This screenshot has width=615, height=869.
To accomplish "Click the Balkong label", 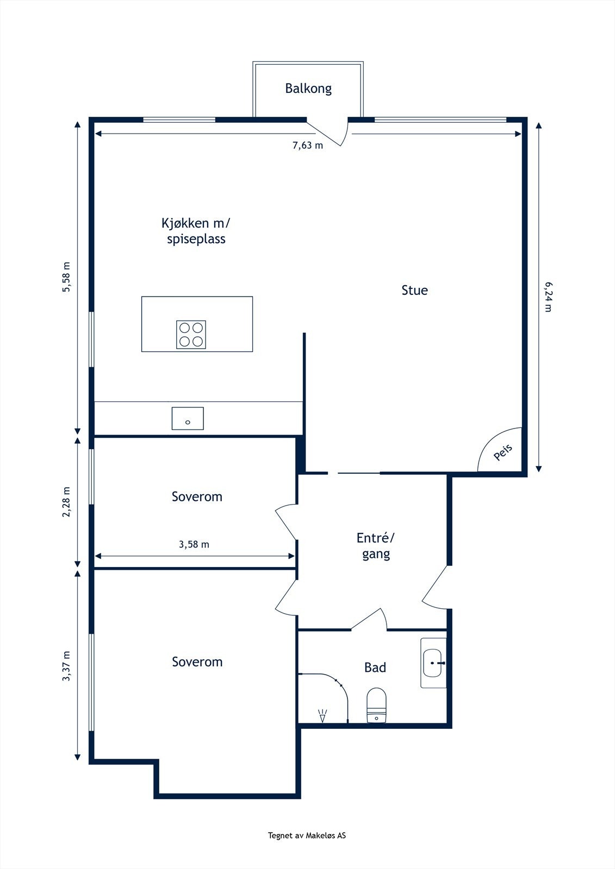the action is [308, 89].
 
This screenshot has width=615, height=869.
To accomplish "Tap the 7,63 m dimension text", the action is [308, 146].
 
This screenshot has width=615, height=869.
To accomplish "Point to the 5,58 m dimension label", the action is [66, 277].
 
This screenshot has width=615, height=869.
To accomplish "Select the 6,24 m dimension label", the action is [548, 297].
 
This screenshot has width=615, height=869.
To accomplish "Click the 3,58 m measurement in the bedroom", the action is [194, 545].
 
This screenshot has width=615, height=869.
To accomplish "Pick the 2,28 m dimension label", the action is [66, 502].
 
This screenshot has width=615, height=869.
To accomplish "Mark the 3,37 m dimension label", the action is [66, 666].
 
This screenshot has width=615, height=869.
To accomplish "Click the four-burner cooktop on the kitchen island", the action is [191, 335].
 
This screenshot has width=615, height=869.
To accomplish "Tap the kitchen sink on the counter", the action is [188, 419].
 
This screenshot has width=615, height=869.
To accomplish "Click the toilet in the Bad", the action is [376, 706].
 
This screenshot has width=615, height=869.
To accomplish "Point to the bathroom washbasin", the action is [433, 663].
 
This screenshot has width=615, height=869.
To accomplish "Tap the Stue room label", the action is [414, 291].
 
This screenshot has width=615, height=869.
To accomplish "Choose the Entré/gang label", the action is [376, 546].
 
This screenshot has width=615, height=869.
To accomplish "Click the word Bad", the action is [375, 668].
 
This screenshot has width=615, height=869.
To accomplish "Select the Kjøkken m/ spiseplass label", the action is [196, 231].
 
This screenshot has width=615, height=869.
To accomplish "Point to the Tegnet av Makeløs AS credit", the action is [307, 836].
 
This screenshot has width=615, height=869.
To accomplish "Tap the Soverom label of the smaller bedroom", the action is [197, 497].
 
